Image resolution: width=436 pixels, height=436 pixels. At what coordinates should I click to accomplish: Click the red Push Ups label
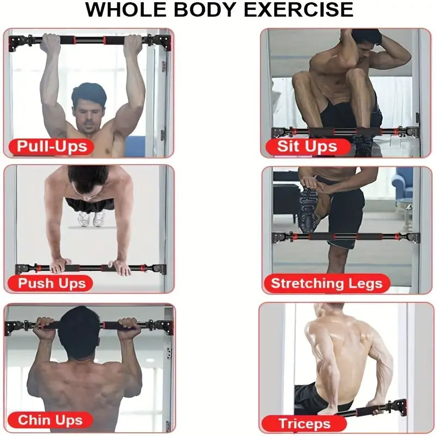click(52, 283)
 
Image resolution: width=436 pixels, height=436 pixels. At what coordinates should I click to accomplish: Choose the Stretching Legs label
click(326, 283)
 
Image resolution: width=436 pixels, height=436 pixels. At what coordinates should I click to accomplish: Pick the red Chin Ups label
click(50, 420)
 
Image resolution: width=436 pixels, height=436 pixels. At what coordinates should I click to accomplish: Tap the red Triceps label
click(304, 423)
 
